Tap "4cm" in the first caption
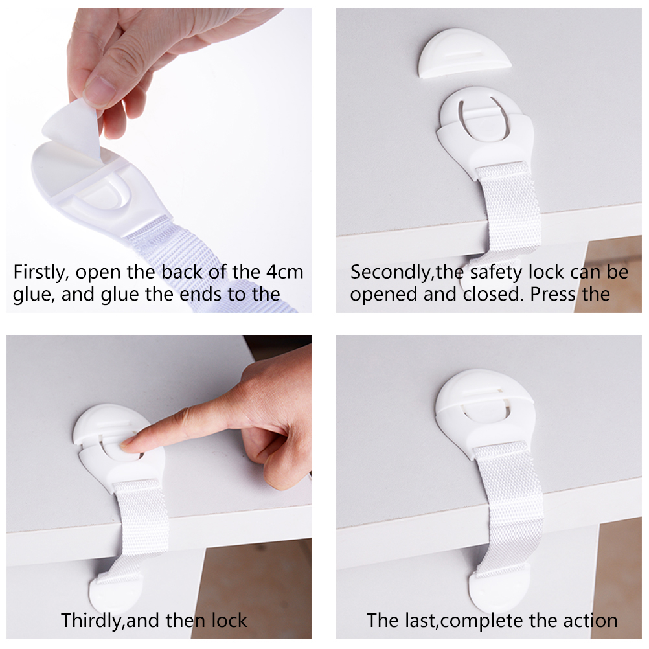(x=285, y=271)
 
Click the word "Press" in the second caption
(x=553, y=294)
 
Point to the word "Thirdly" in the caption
(x=92, y=621)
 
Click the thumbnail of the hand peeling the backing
(x=159, y=160)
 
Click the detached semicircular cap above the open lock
(x=464, y=54)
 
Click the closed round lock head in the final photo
(x=484, y=397)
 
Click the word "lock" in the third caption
(x=229, y=621)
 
